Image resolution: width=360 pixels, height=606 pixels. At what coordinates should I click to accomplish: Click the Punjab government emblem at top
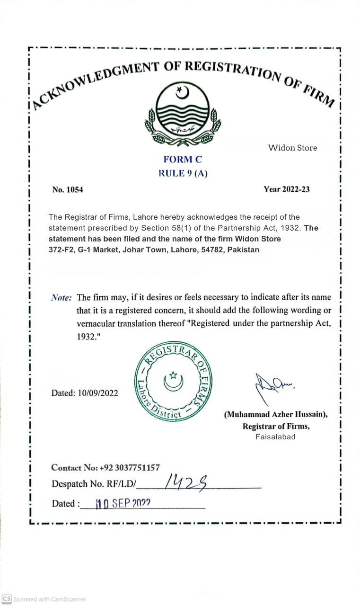183,113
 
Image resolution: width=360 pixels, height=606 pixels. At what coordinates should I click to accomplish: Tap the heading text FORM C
183,160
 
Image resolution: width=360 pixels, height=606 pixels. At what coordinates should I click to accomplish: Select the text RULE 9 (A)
183,173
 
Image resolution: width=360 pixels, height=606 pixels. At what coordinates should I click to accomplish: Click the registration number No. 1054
68,190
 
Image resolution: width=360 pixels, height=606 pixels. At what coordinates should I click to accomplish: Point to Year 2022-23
287,189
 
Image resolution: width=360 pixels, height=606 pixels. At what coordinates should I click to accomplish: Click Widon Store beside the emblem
292,148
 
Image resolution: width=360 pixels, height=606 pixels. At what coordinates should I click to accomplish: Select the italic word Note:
61,298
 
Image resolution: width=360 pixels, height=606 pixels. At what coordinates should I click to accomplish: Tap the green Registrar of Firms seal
173,383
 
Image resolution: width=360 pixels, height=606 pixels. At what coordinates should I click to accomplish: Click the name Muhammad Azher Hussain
276,414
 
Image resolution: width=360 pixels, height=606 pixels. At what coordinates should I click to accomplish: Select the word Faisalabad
276,437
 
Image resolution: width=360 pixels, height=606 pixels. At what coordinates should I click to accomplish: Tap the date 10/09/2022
98,393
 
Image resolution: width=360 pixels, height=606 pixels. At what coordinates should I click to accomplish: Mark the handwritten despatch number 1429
184,482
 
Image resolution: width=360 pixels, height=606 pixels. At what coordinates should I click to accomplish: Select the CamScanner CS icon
7,599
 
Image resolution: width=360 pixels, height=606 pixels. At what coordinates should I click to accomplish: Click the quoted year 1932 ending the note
87,337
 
